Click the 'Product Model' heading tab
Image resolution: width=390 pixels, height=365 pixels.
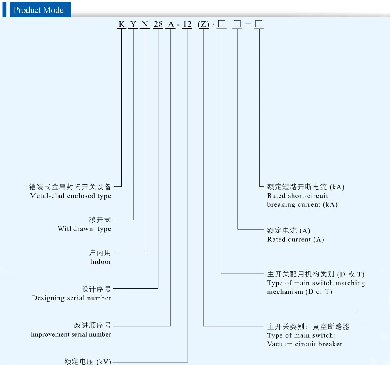[x=39, y=10]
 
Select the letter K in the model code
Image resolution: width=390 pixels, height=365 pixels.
[x=121, y=25]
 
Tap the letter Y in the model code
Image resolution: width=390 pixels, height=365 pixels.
[x=133, y=25]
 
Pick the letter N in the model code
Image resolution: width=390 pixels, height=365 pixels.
[x=145, y=25]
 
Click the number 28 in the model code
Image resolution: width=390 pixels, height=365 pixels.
[x=158, y=25]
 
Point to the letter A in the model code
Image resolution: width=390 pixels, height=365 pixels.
[x=171, y=25]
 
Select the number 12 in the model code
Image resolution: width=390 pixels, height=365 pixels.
[x=187, y=25]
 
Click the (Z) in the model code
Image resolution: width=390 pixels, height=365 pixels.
[x=203, y=25]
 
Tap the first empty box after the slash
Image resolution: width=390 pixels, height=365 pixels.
[x=221, y=24]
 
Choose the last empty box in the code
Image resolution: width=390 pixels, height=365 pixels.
[x=259, y=24]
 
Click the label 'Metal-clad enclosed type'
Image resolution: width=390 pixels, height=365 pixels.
[x=71, y=196]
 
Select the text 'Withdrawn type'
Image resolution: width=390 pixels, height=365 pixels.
[x=84, y=229]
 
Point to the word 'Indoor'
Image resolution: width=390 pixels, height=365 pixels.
[x=100, y=261]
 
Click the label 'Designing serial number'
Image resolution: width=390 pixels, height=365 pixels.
[x=72, y=298]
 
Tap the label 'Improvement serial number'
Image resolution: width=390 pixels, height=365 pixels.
[x=71, y=334]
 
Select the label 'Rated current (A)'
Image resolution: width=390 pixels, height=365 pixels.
[x=295, y=239]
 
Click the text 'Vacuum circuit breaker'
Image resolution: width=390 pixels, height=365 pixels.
[x=305, y=344]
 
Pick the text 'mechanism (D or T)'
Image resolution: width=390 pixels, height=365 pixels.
[x=299, y=292]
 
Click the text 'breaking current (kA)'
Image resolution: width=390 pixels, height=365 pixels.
[x=302, y=204]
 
